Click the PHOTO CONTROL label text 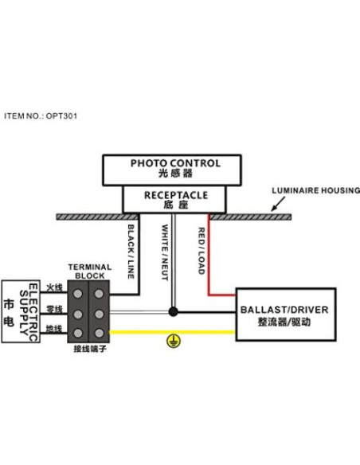click(x=175, y=163)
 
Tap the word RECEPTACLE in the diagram click(x=176, y=194)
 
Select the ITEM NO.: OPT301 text click(x=41, y=115)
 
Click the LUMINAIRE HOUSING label click(x=315, y=192)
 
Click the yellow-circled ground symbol click(x=170, y=340)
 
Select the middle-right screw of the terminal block click(x=98, y=313)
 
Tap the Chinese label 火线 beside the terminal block click(x=54, y=287)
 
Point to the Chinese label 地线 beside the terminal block click(x=54, y=328)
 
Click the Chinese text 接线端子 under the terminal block click(x=88, y=348)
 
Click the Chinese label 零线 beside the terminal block click(x=54, y=307)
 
